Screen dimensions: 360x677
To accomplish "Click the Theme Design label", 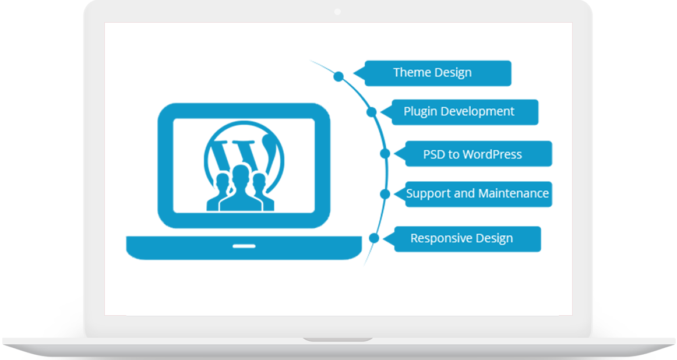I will coord(432,73).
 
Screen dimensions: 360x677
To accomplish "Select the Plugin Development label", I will coord(459,111).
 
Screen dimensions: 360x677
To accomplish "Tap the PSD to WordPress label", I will coord(473,154).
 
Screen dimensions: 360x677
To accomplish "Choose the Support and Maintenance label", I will coord(477,193).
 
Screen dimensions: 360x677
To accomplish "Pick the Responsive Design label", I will coord(461,238).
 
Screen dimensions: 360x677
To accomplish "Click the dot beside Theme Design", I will coord(338,76).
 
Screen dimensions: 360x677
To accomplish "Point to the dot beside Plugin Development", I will coord(372,112).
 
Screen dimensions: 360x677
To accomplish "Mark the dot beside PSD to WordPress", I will coord(385,154).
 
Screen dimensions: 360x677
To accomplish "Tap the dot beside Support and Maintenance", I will coord(385,194).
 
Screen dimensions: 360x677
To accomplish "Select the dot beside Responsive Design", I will coord(375,238).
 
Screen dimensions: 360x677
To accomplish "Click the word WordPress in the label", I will coord(492,154).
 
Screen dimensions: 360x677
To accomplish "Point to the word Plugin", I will coord(421,111).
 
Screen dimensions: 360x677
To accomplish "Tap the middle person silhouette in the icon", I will coord(240,186).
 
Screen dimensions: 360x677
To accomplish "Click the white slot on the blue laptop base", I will coord(244,246).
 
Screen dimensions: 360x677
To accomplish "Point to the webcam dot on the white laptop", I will coord(338,12).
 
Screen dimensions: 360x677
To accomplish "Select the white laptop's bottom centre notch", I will coord(338,340).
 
